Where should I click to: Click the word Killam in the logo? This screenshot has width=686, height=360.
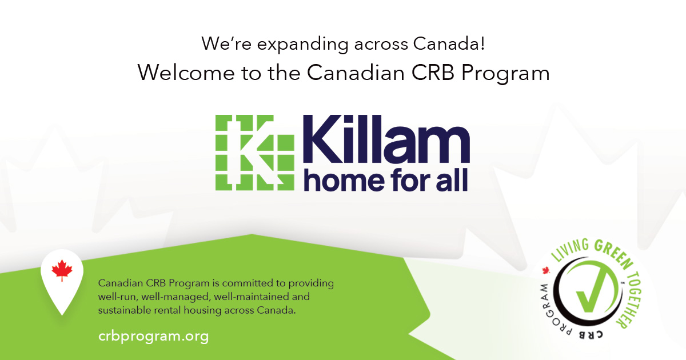(x=386, y=141)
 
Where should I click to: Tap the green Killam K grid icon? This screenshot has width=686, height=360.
(x=254, y=152)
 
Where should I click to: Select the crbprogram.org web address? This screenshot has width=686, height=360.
(x=153, y=336)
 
